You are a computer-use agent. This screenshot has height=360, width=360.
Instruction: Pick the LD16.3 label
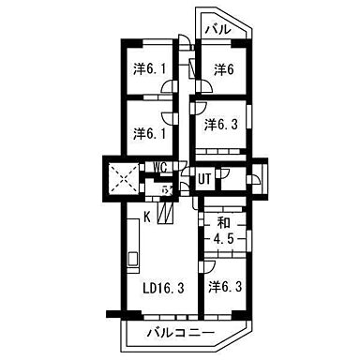pos(156,291)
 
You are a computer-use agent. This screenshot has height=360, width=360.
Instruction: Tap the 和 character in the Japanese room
pos(224,222)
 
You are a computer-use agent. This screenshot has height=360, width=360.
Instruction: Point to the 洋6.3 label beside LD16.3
pos(226,287)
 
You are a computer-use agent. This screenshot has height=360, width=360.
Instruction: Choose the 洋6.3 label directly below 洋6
pos(221,123)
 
